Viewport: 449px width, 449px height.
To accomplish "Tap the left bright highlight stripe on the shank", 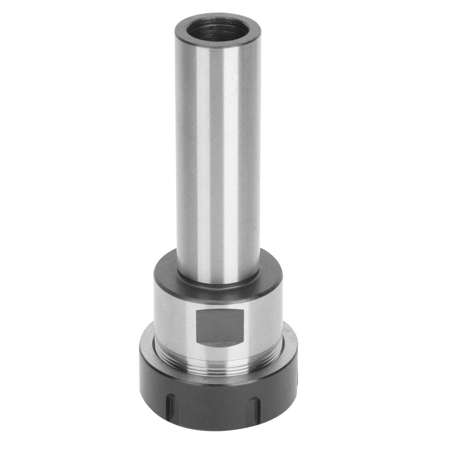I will pyautogui.click(x=202, y=157).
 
